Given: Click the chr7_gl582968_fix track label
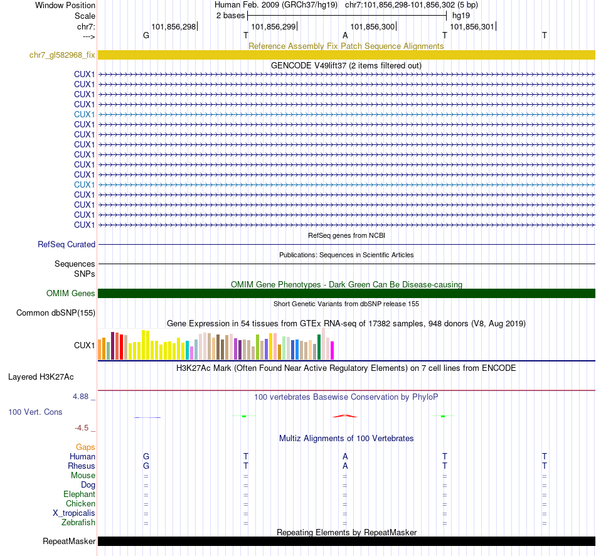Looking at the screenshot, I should point(62,55).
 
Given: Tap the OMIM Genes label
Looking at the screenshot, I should point(71,294).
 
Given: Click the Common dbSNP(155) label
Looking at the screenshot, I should point(56,313).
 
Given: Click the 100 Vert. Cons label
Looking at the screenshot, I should point(35,412).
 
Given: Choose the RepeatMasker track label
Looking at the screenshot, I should point(69,542).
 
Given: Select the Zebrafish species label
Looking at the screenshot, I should point(78,523).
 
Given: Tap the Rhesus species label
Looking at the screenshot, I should point(82,466).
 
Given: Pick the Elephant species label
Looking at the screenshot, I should point(79,495).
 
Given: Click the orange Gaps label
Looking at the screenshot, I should point(85,447).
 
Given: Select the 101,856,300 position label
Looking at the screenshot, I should point(373,27).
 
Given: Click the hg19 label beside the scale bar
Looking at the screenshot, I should point(461,14).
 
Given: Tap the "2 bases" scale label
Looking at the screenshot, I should point(230,14).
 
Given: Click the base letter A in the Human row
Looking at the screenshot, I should point(345,457).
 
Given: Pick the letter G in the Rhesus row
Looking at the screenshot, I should point(146,466).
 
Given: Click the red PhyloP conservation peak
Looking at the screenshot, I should point(345,415).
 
